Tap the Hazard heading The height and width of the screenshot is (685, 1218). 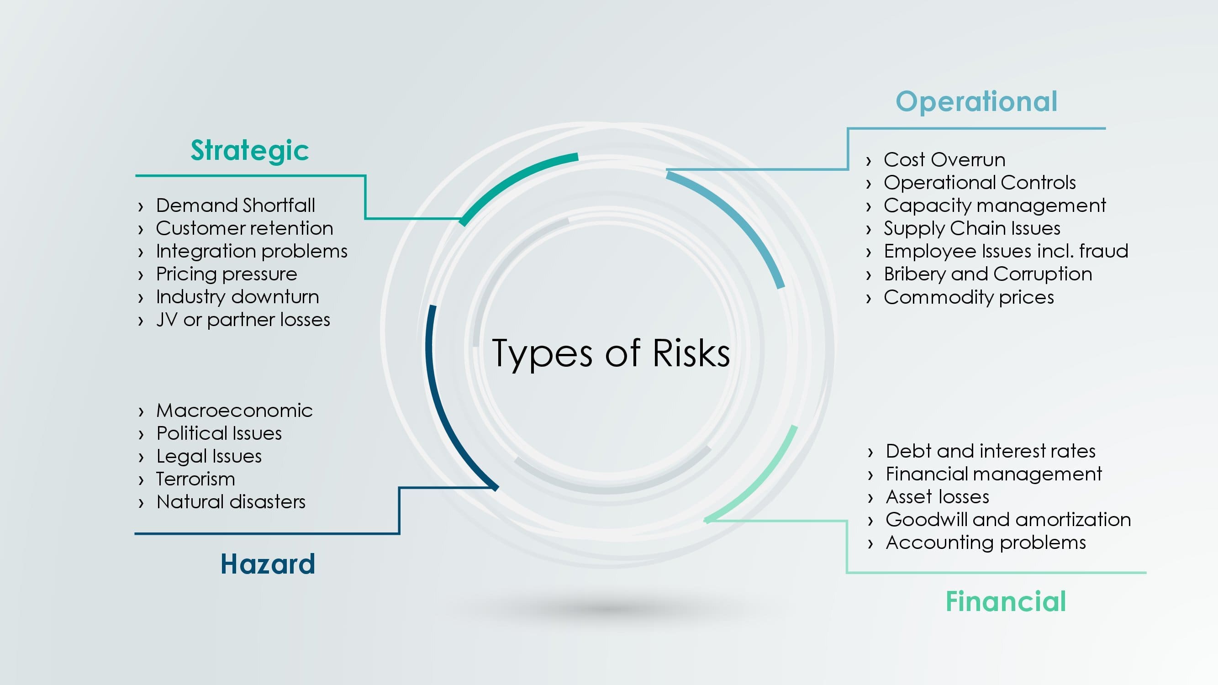pyautogui.click(x=268, y=564)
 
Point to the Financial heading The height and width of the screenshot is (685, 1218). pyautogui.click(x=1006, y=601)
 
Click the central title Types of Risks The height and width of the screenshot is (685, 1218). pyautogui.click(x=611, y=354)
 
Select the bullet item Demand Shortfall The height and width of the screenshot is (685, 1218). pyautogui.click(x=236, y=205)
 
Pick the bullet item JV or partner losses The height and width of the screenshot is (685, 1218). pyautogui.click(x=243, y=320)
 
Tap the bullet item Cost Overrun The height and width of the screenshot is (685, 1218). pyautogui.click(x=944, y=160)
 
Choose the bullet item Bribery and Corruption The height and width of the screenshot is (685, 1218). pyautogui.click(x=988, y=274)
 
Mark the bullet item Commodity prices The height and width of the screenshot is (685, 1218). pyautogui.click(x=969, y=297)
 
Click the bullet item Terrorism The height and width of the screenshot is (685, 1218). pyautogui.click(x=195, y=479)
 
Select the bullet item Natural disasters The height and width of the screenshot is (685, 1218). pyautogui.click(x=231, y=502)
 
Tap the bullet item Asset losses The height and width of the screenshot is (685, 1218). pyautogui.click(x=937, y=497)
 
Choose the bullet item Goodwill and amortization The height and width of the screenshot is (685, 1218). pyautogui.click(x=1008, y=520)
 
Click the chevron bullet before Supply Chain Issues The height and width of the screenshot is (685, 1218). pyautogui.click(x=869, y=230)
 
